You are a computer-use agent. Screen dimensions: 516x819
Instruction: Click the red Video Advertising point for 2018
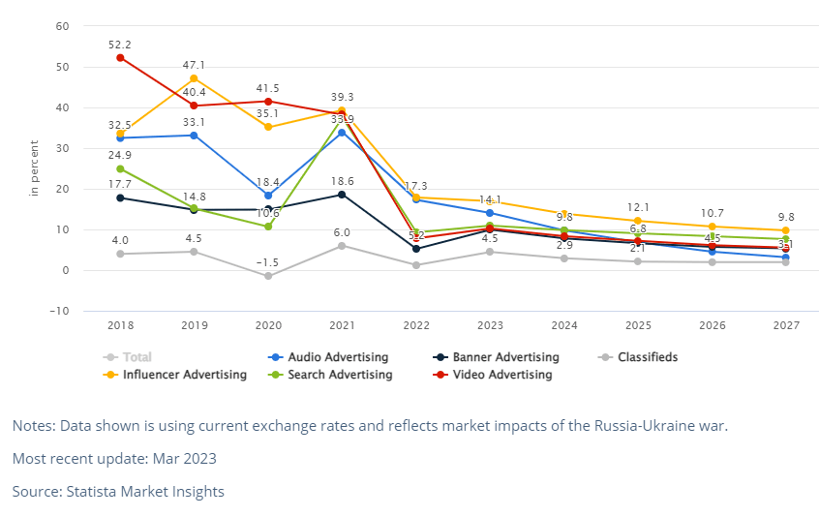[x=120, y=57]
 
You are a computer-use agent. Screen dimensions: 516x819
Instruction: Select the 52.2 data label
[x=120, y=45]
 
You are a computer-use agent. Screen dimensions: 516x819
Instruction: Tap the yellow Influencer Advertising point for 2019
[x=194, y=78]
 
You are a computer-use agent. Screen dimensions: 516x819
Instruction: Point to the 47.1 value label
[x=194, y=66]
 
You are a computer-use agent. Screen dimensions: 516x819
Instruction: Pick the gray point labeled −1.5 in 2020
[x=268, y=276]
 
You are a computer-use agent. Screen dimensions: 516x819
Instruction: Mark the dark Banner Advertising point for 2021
[x=342, y=195]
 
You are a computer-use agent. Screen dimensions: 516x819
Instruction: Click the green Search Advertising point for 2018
[x=120, y=168]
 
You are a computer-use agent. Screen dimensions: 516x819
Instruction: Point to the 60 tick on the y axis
[x=61, y=26]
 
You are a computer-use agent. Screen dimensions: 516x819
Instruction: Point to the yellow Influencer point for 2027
[x=785, y=230]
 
